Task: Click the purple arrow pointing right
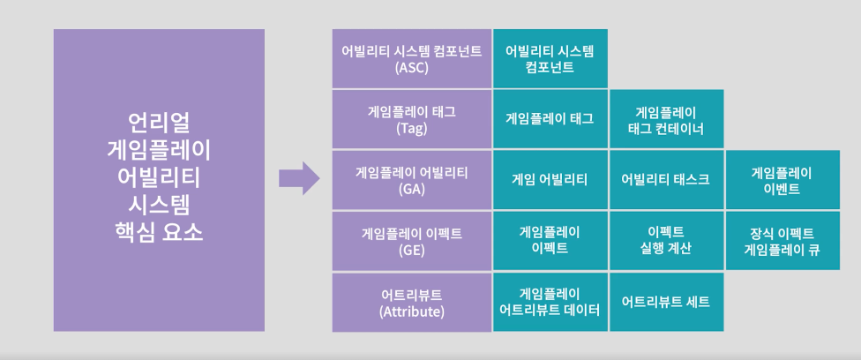[298, 179]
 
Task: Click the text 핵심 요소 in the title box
[159, 235]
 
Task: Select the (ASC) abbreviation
[412, 67]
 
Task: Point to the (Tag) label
[412, 128]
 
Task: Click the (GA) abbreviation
[412, 189]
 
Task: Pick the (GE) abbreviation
[412, 250]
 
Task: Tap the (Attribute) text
[412, 311]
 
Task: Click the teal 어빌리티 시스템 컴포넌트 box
[550, 58]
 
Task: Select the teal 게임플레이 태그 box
[550, 119]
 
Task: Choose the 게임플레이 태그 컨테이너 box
[666, 119]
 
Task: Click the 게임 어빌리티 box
[550, 180]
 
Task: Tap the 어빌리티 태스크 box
[666, 180]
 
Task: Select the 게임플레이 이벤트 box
[782, 180]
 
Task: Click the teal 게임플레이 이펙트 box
[550, 241]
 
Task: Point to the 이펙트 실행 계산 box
[666, 241]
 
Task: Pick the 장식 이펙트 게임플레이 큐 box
[782, 241]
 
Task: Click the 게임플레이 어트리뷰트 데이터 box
[550, 302]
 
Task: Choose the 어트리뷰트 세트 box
[666, 302]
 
